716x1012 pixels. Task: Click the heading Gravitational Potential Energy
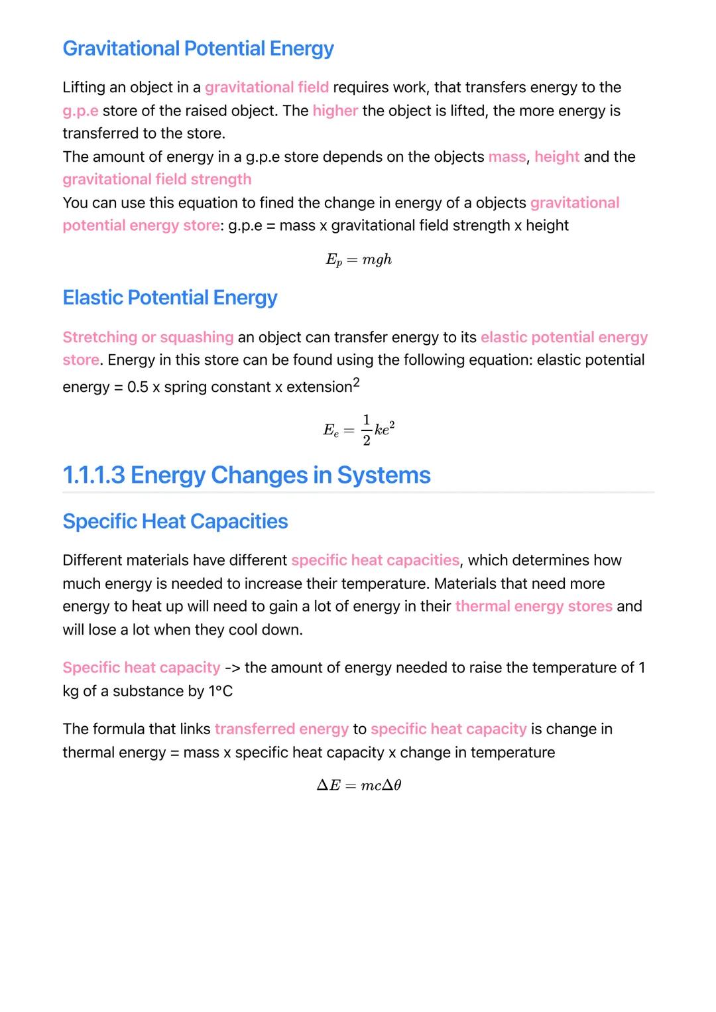(x=198, y=48)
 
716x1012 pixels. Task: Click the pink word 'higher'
(x=335, y=111)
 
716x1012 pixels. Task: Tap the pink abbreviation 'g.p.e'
(x=80, y=111)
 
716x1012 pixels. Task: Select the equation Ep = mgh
(x=359, y=260)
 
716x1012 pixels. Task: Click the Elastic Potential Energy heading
(x=170, y=298)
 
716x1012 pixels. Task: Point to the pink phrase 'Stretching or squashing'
(x=148, y=338)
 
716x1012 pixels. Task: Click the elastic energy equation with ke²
(x=359, y=430)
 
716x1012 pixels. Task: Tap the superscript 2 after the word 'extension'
(x=356, y=383)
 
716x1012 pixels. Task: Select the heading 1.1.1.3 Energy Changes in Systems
(x=247, y=475)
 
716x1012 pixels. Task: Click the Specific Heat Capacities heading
(x=175, y=521)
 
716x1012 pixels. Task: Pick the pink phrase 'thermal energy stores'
(x=534, y=606)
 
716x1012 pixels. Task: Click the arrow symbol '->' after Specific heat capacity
(x=232, y=668)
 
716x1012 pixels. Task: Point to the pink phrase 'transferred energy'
(x=281, y=729)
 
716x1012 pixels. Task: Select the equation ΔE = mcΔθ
(x=359, y=786)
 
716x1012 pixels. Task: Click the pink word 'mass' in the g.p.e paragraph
(x=507, y=157)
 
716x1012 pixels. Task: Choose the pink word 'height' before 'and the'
(x=557, y=157)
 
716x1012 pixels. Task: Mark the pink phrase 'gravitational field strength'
(x=157, y=180)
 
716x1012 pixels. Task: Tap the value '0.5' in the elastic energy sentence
(x=138, y=387)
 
